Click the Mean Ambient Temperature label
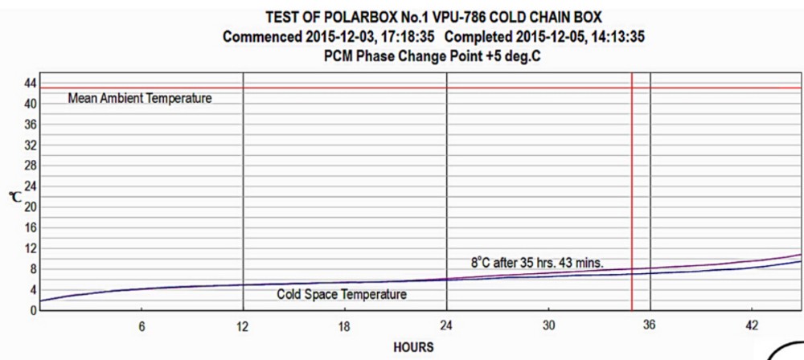pos(140,98)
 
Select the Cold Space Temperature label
pos(342,295)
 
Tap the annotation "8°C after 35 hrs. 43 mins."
pos(537,262)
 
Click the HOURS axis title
pos(413,347)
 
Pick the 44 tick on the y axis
pos(31,83)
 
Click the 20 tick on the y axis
pos(31,207)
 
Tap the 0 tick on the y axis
pos(34,310)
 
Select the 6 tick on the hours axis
pos(142,326)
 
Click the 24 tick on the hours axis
pos(446,326)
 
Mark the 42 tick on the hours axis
pos(751,326)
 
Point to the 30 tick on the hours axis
pos(548,326)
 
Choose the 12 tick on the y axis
pos(31,248)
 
